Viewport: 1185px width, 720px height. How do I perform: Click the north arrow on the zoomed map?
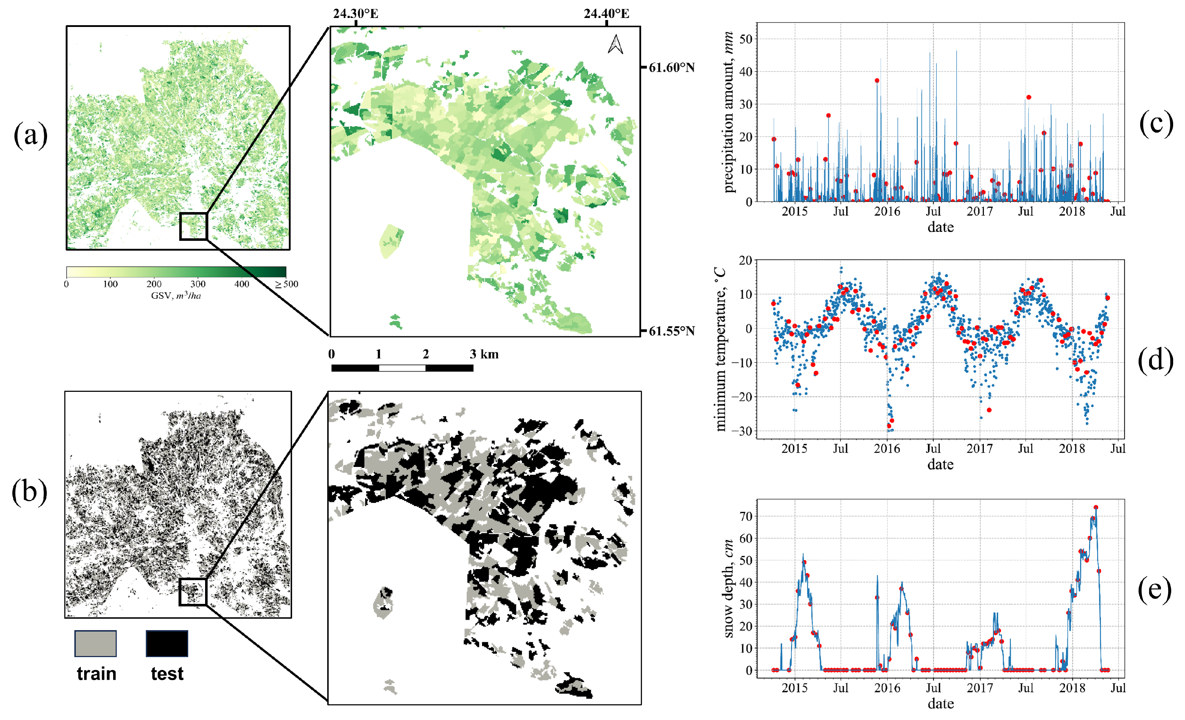[x=616, y=45]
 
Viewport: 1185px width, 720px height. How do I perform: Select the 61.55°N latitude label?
[x=671, y=331]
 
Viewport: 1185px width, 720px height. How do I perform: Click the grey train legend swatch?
[x=95, y=643]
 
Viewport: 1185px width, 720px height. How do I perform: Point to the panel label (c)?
[x=1156, y=123]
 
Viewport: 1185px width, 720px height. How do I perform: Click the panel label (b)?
[x=29, y=492]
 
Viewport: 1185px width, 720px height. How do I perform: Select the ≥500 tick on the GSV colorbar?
[x=287, y=284]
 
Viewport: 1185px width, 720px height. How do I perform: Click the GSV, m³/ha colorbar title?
[x=176, y=295]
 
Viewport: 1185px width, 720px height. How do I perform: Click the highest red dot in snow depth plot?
[x=1096, y=507]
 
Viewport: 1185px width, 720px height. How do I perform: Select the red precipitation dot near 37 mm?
[x=877, y=81]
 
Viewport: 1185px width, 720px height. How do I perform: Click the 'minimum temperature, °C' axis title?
[x=719, y=349]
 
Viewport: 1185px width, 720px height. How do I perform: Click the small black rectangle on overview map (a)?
[x=193, y=226]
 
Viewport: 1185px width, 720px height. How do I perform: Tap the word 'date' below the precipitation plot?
[x=940, y=227]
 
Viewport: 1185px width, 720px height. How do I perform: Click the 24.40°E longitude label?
[x=606, y=13]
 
